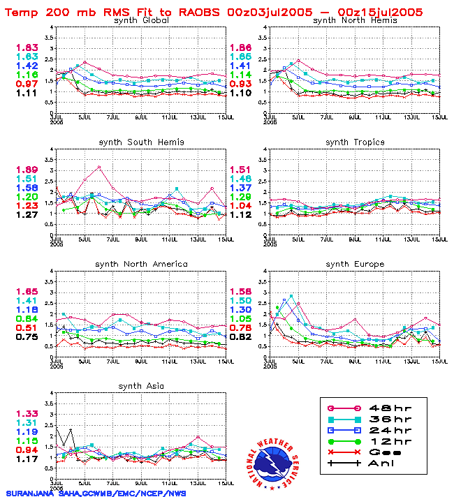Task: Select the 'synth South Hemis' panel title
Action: click(141, 142)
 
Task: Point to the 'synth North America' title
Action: click(141, 263)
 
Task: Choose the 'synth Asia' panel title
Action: click(141, 385)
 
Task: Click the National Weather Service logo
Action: click(273, 461)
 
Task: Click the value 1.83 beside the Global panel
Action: click(27, 47)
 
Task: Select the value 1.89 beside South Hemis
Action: click(27, 170)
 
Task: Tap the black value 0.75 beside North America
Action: click(27, 337)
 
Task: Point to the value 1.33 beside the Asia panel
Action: click(27, 413)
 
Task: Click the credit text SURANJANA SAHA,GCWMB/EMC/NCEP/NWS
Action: click(96, 491)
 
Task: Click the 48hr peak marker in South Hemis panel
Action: click(99, 167)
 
